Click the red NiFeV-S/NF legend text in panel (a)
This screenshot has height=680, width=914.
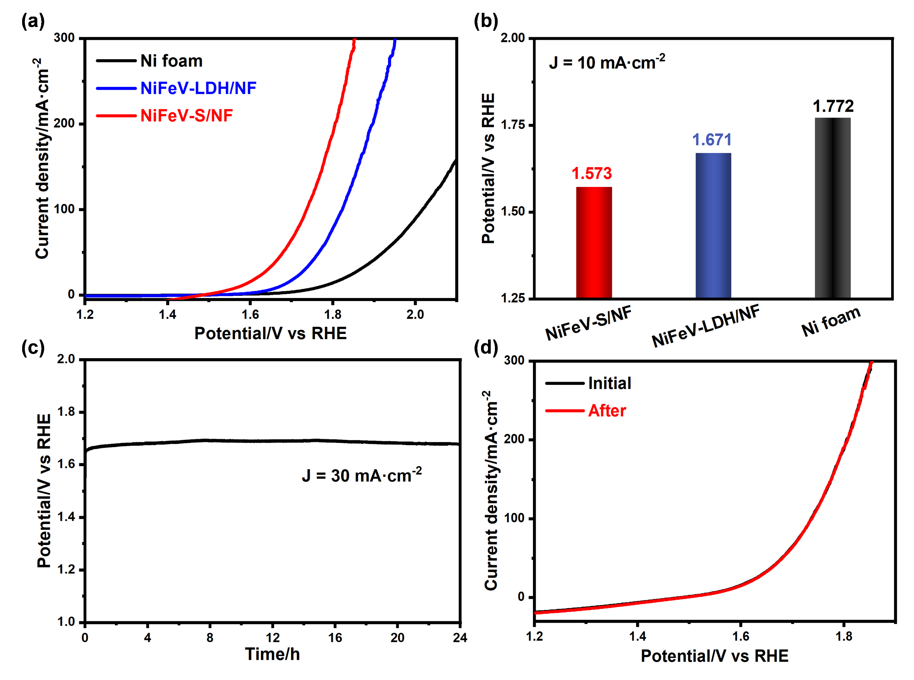[x=187, y=116]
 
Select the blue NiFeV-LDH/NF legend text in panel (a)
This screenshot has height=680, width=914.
[x=198, y=88]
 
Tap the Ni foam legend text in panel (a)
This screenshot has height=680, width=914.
[x=171, y=61]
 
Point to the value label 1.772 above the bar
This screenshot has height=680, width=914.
[x=833, y=106]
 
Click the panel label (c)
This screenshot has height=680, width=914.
[x=33, y=348]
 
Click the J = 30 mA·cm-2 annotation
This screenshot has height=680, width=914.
[x=362, y=475]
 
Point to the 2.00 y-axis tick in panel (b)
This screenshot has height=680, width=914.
[x=513, y=38]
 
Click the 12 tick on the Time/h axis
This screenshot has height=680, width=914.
[x=273, y=637]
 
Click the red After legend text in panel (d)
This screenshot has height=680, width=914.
[x=607, y=411]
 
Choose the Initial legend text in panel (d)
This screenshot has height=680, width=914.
[x=609, y=383]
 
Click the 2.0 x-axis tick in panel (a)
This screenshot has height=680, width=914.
[x=415, y=315]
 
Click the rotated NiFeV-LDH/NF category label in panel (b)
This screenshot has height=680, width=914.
[x=705, y=326]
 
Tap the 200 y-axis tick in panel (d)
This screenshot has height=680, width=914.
[x=514, y=439]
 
